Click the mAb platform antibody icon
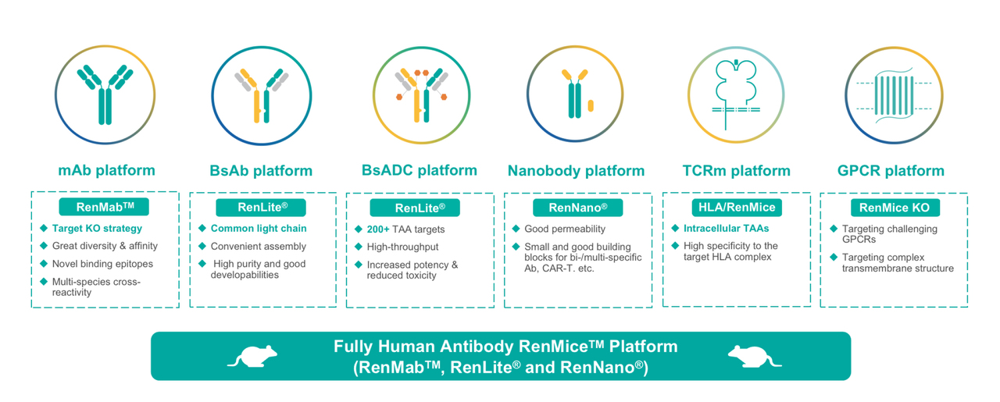(105, 94)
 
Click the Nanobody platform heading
(576, 170)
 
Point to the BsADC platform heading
(420, 170)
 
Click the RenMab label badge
(104, 207)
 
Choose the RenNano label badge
(577, 208)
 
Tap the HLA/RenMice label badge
(737, 208)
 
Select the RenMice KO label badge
(895, 208)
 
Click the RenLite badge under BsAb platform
(261, 208)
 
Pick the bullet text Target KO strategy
(97, 229)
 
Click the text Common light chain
(259, 229)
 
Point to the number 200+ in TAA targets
(378, 229)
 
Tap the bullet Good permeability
(565, 229)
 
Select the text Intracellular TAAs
(727, 229)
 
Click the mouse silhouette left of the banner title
(252, 357)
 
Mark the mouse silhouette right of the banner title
(755, 357)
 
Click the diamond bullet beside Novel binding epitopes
(44, 264)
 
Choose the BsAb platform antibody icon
(262, 95)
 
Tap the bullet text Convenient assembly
(258, 247)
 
